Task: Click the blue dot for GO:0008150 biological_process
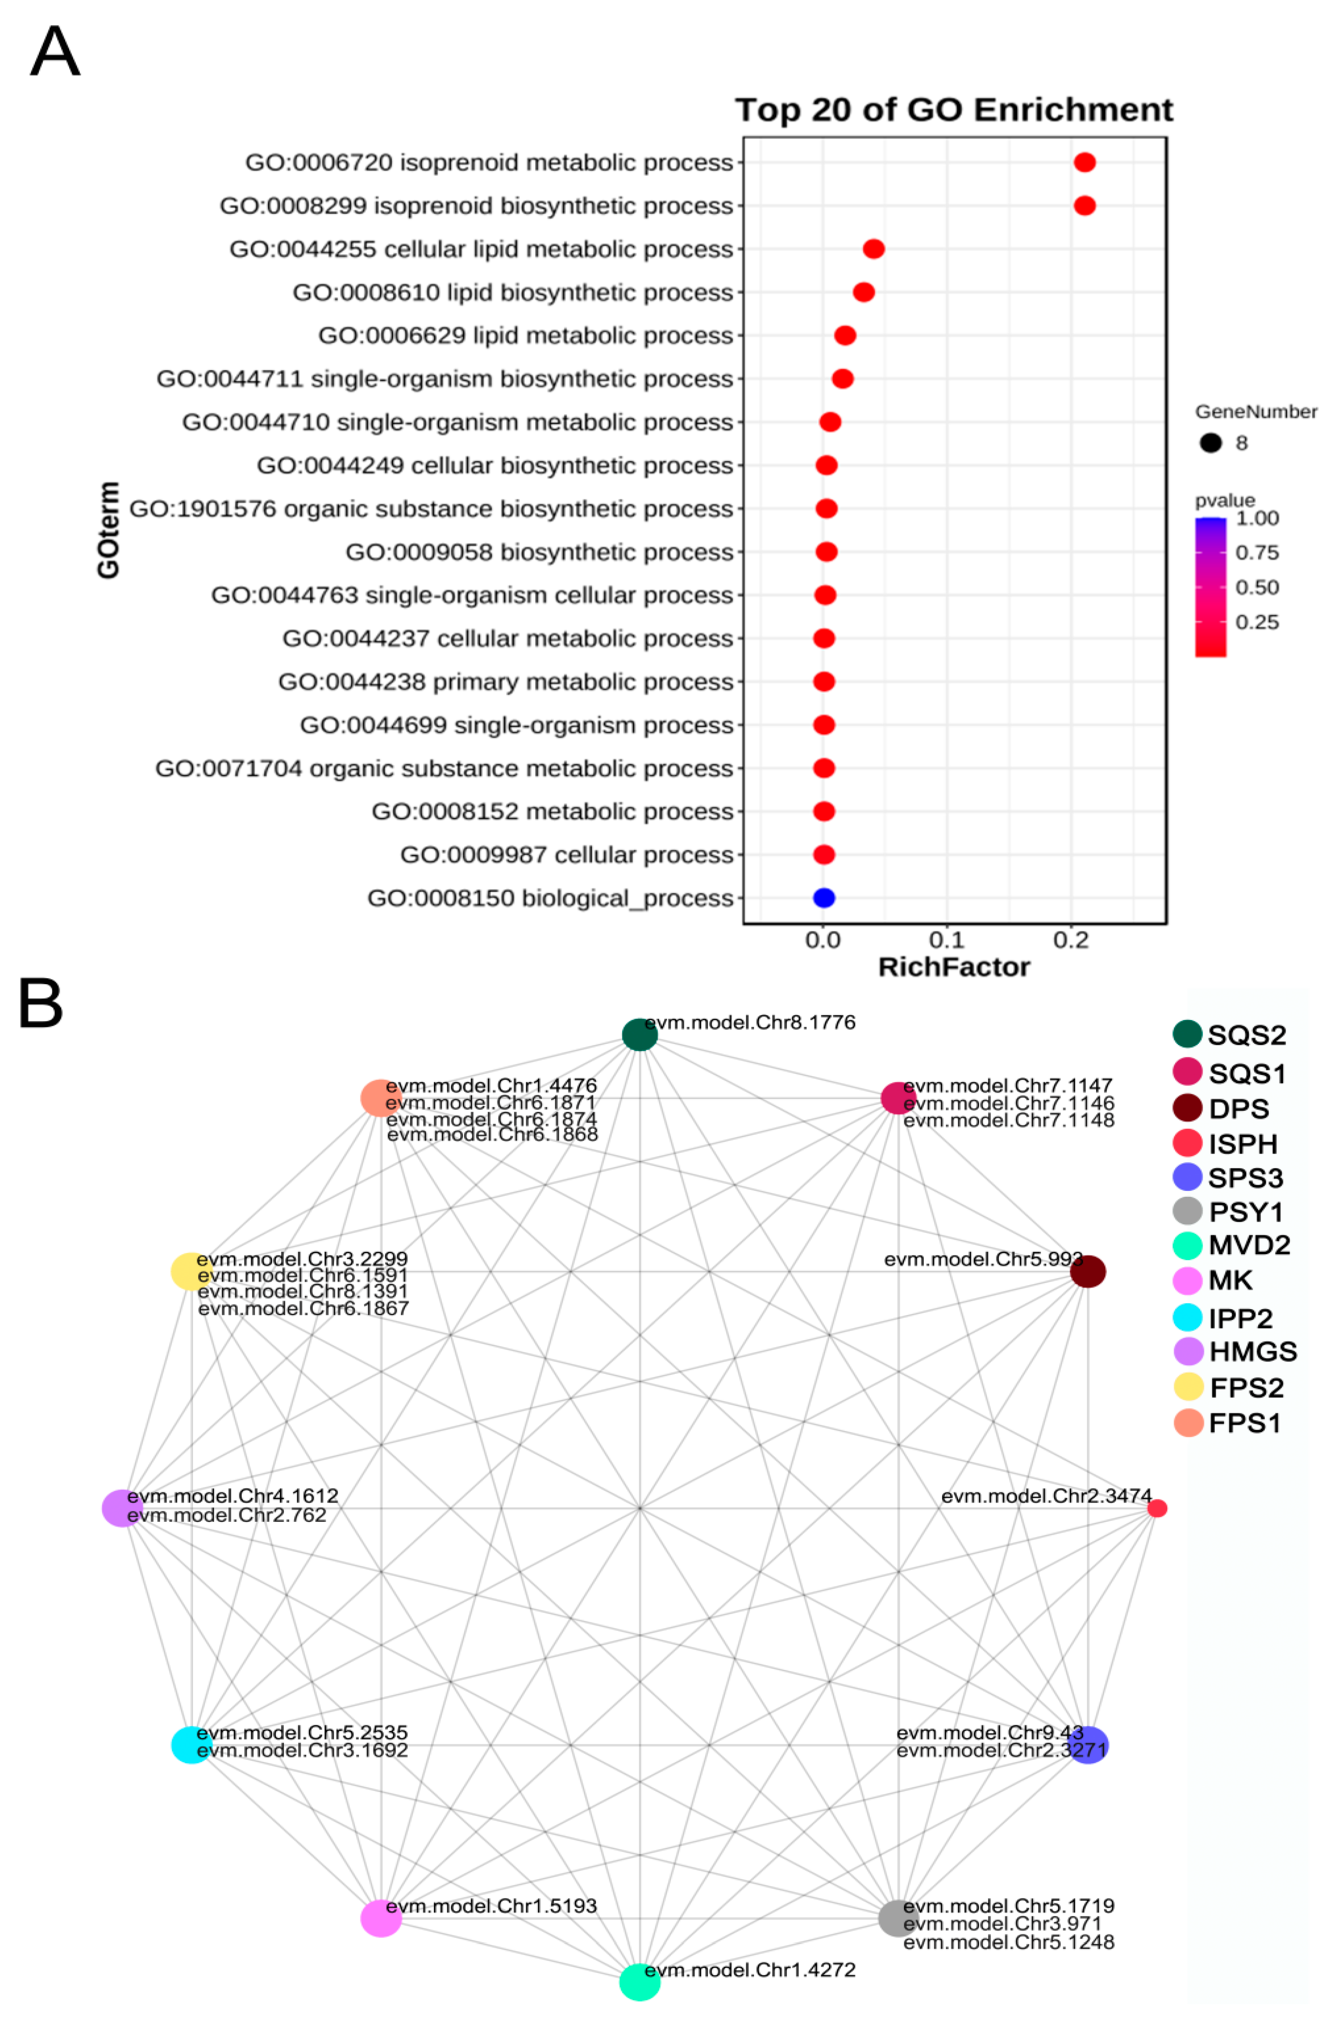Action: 823,897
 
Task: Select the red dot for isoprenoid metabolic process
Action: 1084,162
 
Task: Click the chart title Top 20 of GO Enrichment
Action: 954,110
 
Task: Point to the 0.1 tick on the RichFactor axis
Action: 947,940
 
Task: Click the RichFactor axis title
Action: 954,967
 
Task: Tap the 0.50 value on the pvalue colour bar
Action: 1257,587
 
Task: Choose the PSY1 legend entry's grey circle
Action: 1188,1211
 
